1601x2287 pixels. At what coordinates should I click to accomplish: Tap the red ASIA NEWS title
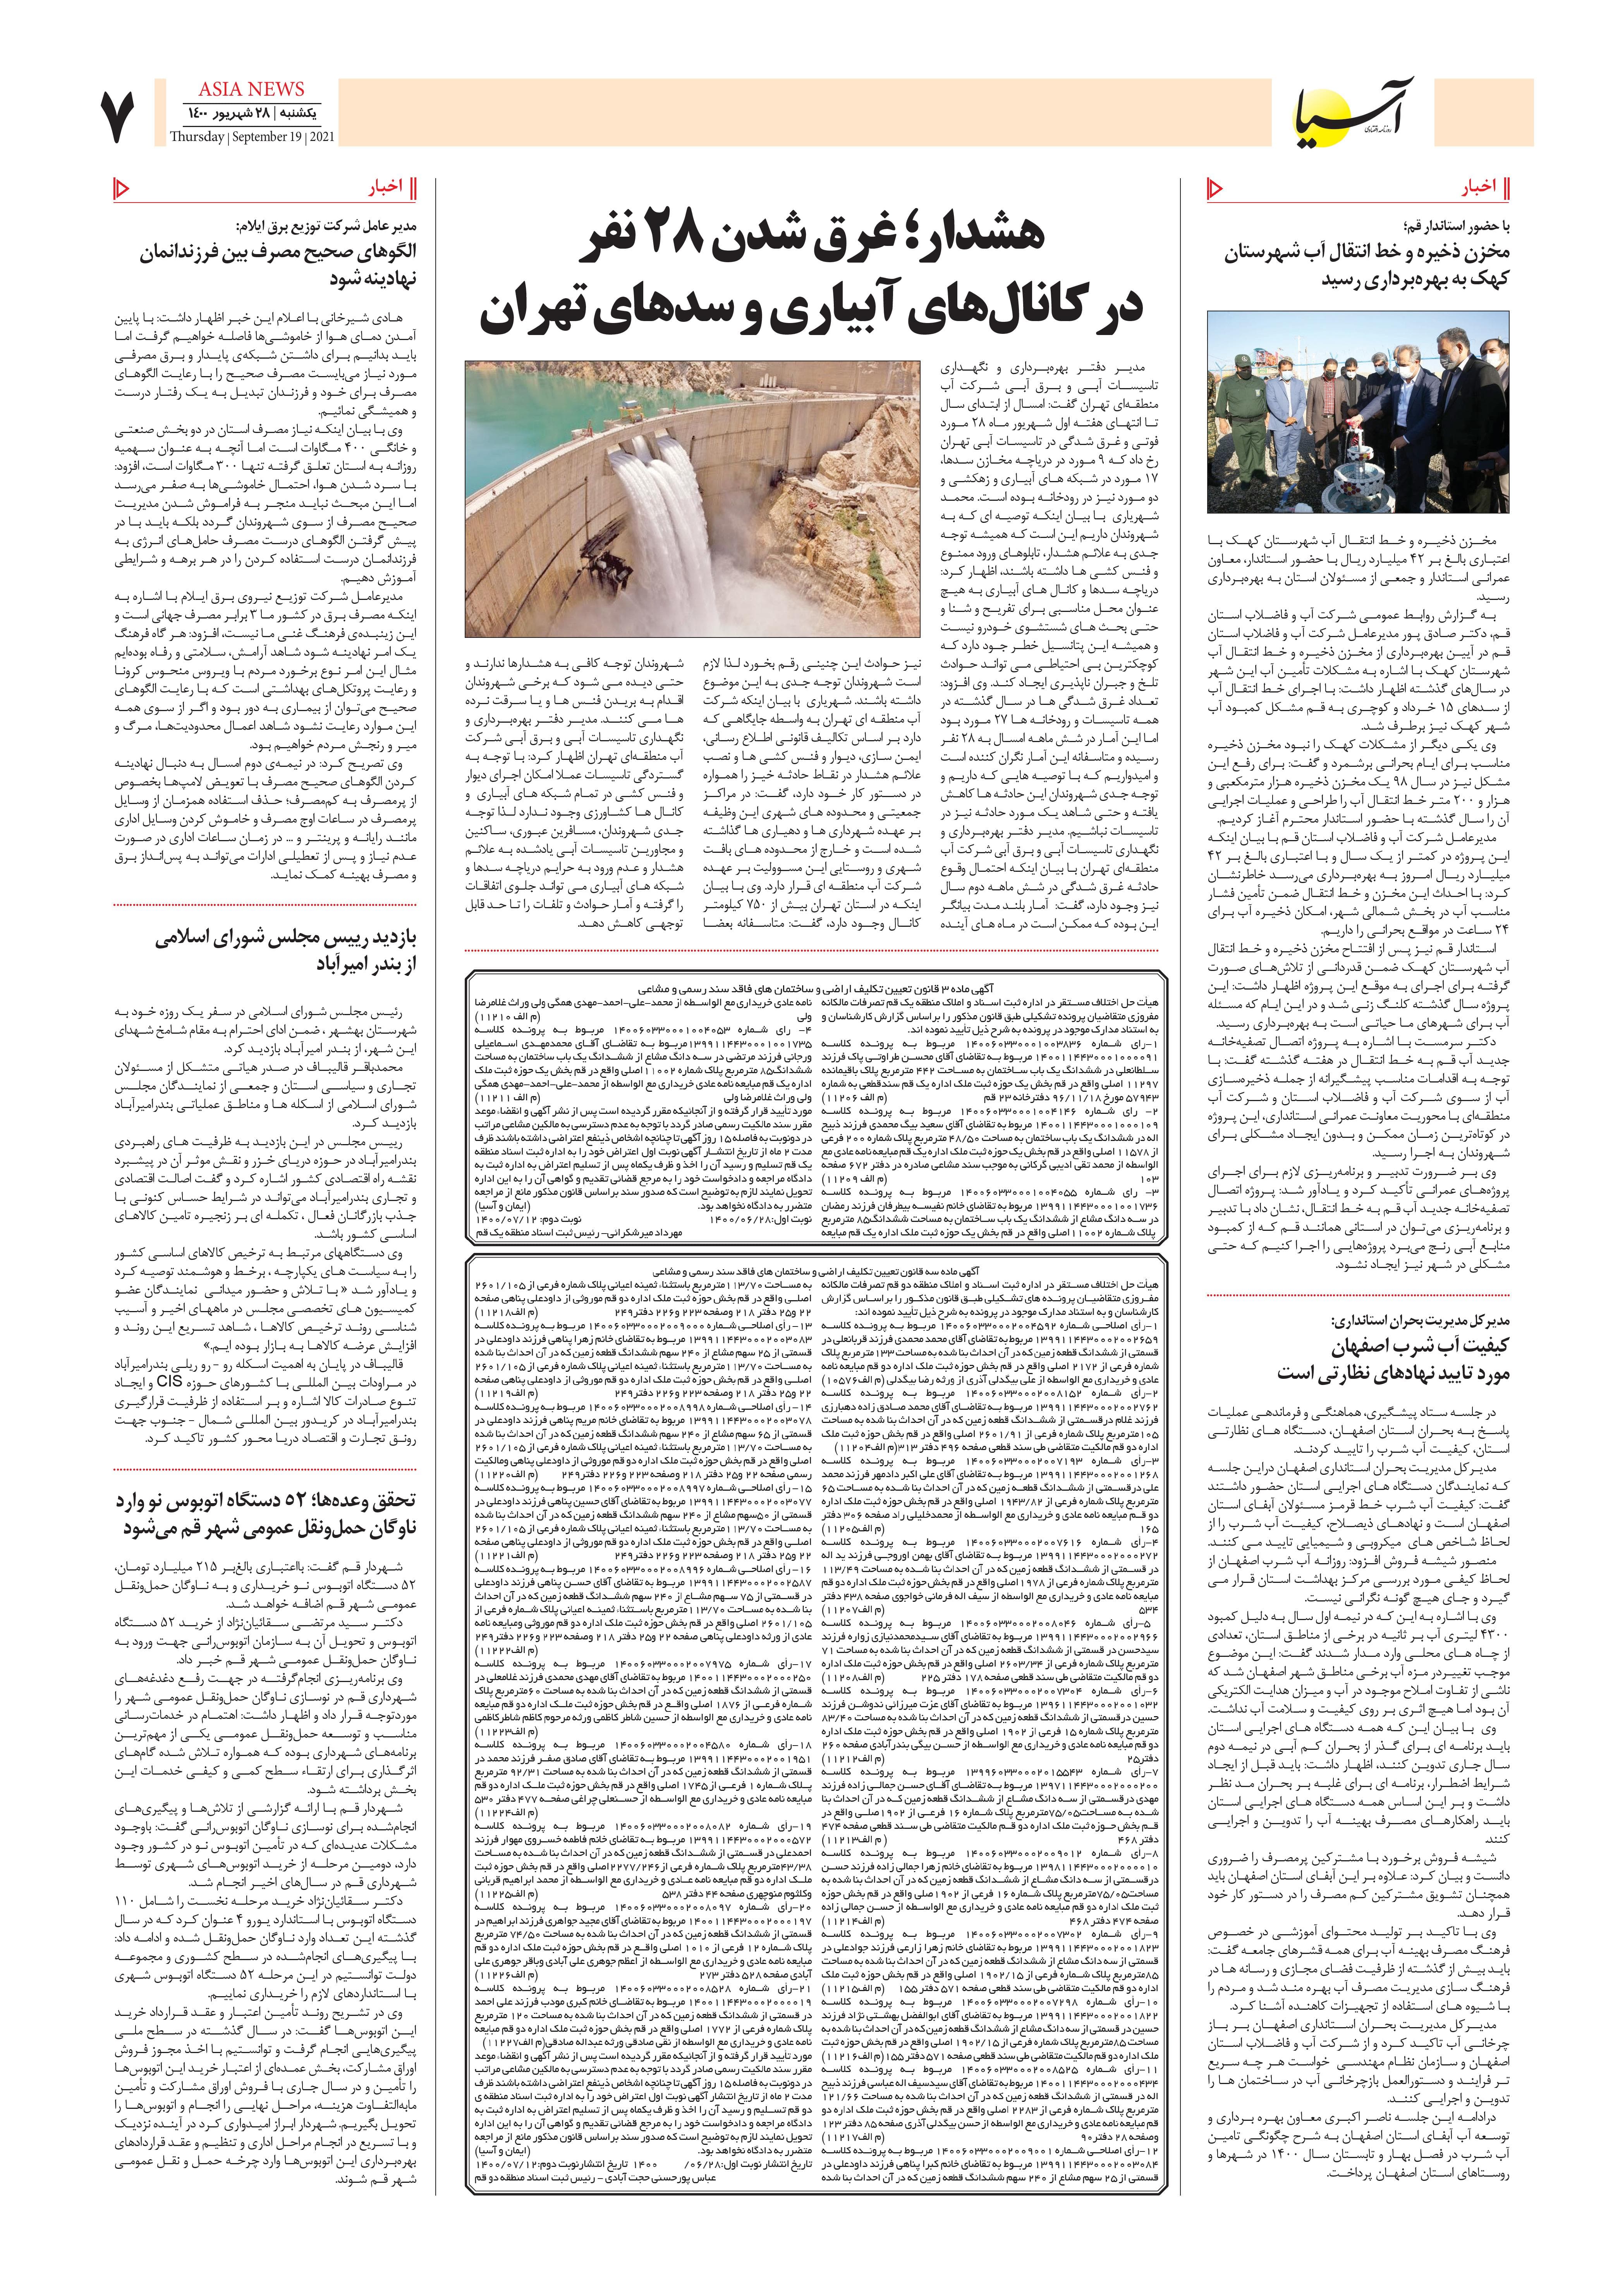click(x=251, y=89)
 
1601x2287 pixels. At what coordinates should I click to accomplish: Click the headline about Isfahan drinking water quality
click(x=1395, y=1360)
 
